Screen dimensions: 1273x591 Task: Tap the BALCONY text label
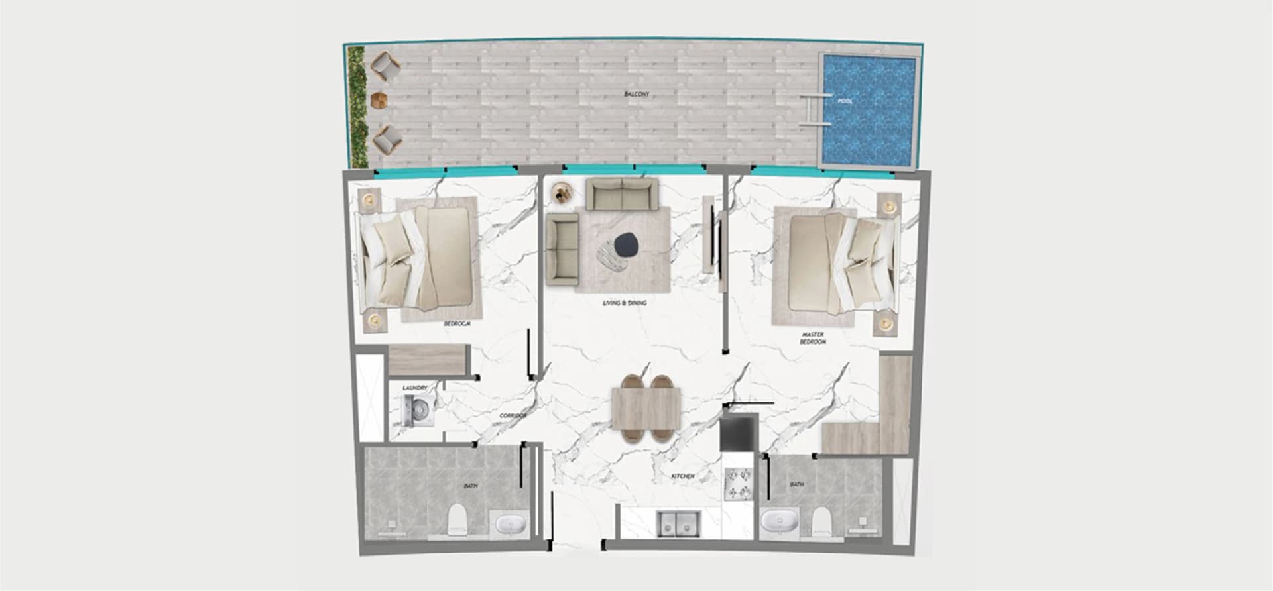(636, 95)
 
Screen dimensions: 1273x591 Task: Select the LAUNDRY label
(415, 388)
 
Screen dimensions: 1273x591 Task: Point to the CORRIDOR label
(513, 415)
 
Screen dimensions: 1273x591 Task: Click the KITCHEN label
(683, 476)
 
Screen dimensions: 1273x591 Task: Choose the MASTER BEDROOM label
(812, 339)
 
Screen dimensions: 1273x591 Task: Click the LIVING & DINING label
(625, 303)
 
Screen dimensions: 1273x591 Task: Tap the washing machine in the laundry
(416, 411)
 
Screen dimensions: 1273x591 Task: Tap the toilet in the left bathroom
(457, 520)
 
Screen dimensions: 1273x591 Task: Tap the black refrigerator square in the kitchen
(738, 432)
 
